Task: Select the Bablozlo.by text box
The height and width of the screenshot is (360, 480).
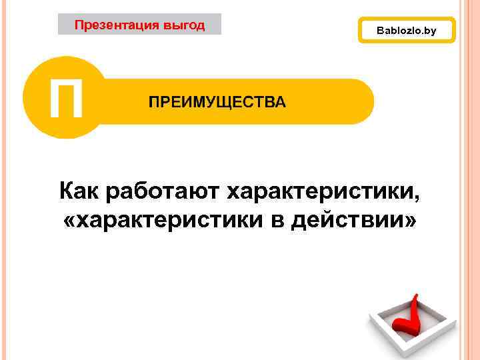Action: point(406,31)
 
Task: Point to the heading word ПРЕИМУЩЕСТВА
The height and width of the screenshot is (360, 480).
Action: point(217,102)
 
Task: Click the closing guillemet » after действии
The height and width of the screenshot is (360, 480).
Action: point(408,221)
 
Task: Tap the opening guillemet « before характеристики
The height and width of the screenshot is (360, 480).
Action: point(71,221)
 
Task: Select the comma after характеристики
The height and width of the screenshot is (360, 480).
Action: point(418,199)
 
